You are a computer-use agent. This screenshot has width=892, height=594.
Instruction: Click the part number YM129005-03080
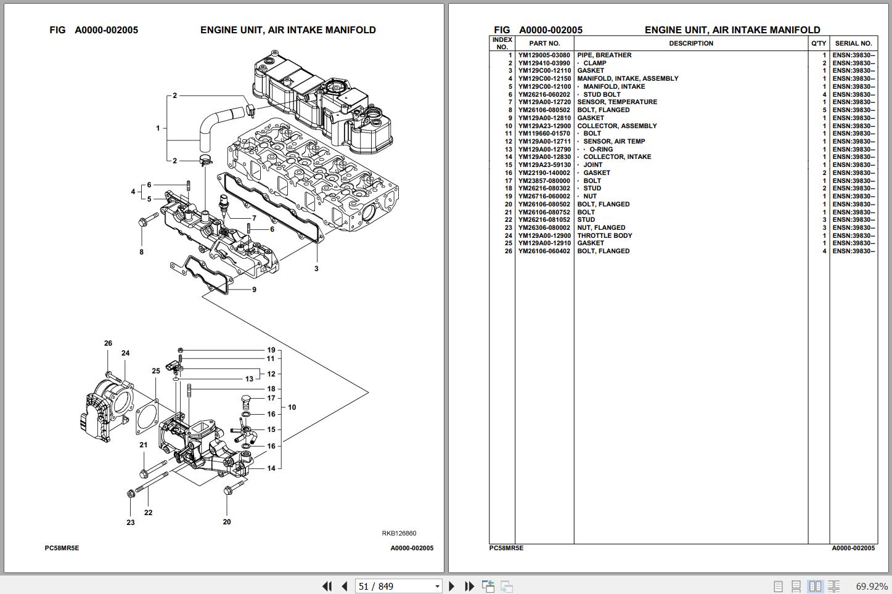click(x=544, y=55)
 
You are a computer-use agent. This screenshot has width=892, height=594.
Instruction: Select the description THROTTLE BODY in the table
click(x=604, y=235)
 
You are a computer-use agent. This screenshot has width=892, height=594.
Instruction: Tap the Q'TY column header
click(x=819, y=43)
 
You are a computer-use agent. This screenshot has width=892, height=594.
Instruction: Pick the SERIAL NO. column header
click(x=853, y=43)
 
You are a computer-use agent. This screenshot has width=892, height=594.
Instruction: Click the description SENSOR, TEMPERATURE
click(x=616, y=102)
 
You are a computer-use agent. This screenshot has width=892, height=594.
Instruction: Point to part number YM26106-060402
click(x=544, y=251)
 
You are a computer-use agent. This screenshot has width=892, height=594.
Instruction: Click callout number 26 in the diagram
click(x=108, y=343)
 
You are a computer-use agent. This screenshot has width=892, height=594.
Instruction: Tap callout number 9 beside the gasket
click(x=254, y=290)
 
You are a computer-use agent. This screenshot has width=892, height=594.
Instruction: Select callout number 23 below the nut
click(x=131, y=523)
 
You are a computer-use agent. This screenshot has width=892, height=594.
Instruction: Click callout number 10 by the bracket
click(x=292, y=407)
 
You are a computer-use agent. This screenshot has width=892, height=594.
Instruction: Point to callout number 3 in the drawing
click(x=316, y=269)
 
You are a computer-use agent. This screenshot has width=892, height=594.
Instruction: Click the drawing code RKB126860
click(x=399, y=534)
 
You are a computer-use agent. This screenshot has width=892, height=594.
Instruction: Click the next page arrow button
click(x=452, y=586)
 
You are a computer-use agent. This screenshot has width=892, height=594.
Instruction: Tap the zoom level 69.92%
click(x=872, y=586)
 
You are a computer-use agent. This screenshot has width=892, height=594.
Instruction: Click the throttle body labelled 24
click(x=108, y=410)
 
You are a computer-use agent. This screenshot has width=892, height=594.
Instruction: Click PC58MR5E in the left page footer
click(x=62, y=548)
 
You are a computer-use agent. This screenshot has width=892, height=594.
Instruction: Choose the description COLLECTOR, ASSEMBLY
click(x=616, y=126)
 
